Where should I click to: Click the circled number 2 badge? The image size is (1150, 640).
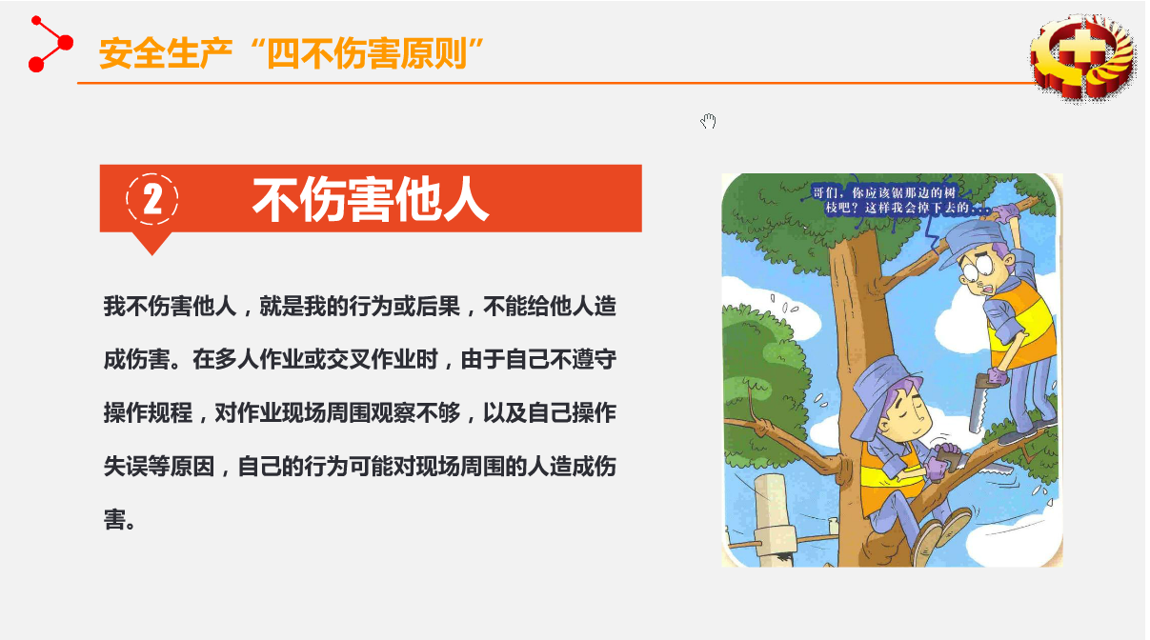point(151,199)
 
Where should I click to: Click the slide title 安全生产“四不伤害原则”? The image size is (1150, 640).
point(292,53)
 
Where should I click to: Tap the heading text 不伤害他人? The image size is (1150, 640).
point(371,200)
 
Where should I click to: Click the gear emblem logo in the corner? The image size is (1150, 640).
point(1082,57)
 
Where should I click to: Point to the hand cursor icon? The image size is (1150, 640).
point(708,121)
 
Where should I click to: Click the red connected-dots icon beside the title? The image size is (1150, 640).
point(50,44)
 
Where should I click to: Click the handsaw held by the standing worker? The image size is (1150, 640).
point(978,404)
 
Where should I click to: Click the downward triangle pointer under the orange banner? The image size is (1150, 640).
point(151,243)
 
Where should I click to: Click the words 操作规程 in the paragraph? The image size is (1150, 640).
point(148,412)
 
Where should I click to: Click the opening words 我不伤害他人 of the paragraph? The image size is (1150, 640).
point(170,307)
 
